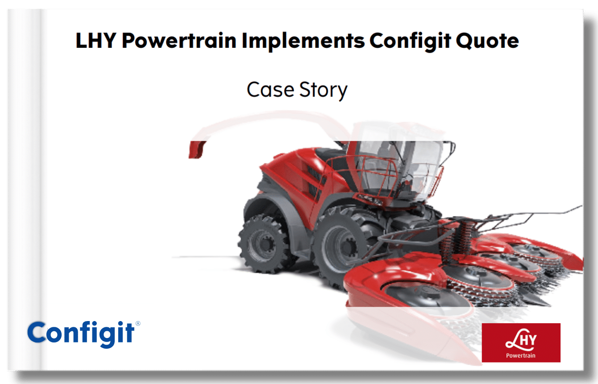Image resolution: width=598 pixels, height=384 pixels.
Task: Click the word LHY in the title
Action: (x=96, y=41)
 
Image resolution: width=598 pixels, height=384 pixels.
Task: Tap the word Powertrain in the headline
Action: (x=179, y=41)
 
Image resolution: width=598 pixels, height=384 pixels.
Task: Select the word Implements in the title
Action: (x=303, y=42)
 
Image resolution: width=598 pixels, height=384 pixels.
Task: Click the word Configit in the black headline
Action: (x=410, y=42)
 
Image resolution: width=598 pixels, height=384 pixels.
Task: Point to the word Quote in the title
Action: (x=487, y=41)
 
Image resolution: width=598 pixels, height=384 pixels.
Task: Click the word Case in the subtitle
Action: (x=270, y=90)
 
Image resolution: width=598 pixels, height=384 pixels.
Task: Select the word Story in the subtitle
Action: (x=323, y=91)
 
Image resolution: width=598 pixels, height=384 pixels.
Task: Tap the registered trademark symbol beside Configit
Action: (x=138, y=323)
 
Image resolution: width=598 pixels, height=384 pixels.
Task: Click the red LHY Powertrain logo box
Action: (x=521, y=342)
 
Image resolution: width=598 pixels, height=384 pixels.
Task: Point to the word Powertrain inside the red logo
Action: (x=521, y=355)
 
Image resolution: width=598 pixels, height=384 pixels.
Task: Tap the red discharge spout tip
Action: (x=196, y=150)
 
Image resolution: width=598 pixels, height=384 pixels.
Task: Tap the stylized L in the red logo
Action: (x=513, y=339)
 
